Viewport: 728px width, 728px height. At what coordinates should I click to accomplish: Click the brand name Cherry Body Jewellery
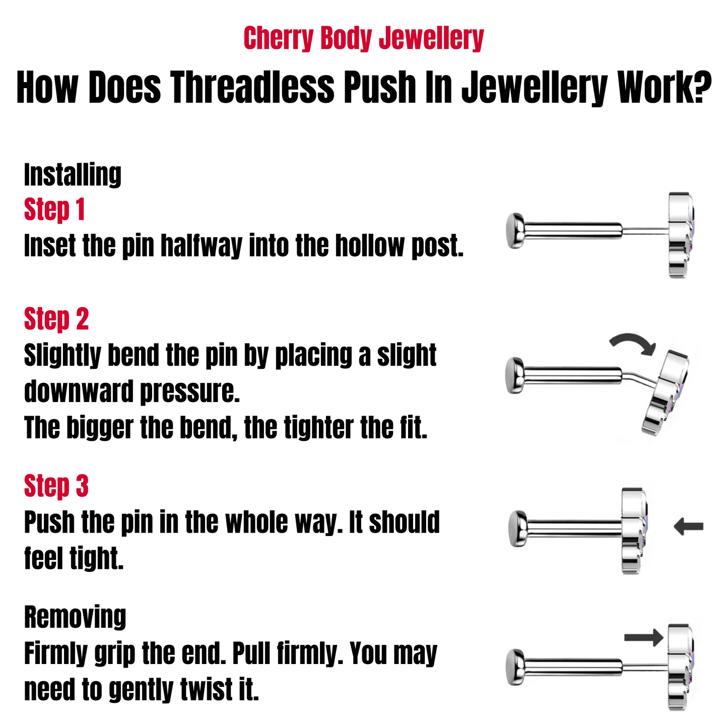pos(363,39)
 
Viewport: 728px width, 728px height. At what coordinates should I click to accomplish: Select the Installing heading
pos(73,174)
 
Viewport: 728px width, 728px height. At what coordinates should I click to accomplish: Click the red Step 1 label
pos(54,210)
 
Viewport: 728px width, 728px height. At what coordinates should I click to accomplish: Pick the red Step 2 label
pos(56,319)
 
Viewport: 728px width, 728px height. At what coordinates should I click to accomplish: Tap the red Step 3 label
pos(56,486)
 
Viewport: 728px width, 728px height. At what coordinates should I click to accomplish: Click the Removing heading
pos(75,617)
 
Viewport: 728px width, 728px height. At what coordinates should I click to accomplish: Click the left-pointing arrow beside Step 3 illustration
pos(688,527)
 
